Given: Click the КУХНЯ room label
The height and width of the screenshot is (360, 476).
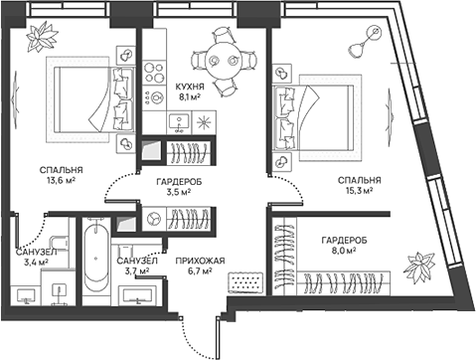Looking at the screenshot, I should tap(190, 87).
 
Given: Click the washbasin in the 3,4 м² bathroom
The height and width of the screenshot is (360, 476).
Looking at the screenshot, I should tap(28, 294).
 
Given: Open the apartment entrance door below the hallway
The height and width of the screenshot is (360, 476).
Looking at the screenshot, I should tap(213, 323).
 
